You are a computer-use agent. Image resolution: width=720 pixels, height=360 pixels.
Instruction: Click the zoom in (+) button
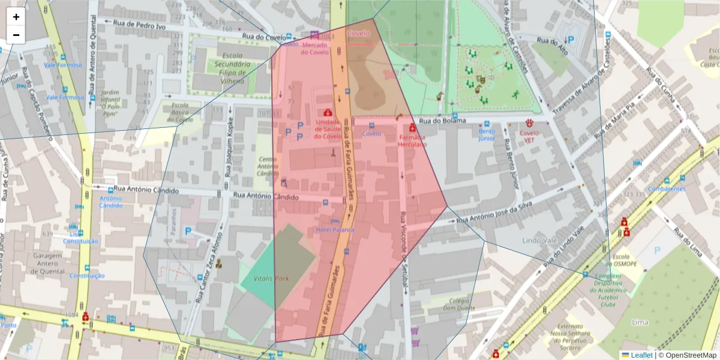click(16, 17)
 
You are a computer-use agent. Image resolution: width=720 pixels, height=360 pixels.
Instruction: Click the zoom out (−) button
click(16, 35)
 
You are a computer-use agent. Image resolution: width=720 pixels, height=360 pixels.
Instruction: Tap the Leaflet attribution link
click(641, 355)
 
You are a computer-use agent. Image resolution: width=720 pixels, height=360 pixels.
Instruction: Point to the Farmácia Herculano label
click(412, 141)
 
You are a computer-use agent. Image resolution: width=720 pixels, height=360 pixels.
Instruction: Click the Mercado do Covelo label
click(315, 49)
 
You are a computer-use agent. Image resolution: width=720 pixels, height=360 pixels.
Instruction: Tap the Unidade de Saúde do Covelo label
click(328, 129)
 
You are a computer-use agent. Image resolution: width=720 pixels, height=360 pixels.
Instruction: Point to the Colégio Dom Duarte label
click(458, 304)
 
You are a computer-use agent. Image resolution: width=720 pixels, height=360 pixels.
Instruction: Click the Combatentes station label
click(667, 189)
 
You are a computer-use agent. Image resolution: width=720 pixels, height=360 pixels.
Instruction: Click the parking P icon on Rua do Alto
click(571, 40)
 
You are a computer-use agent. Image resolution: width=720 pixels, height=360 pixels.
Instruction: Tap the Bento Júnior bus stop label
click(487, 134)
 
